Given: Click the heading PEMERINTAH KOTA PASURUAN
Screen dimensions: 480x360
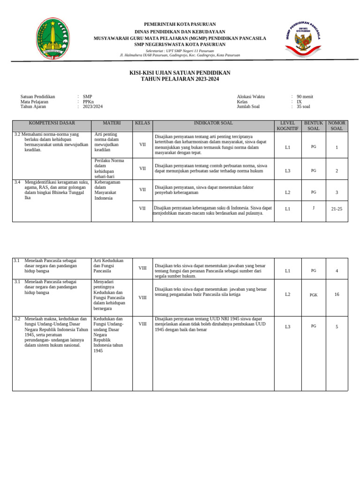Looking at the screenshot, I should point(180,24).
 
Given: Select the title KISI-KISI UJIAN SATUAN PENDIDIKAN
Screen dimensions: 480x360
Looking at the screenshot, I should point(180,73).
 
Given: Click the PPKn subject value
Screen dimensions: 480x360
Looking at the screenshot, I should point(88,102).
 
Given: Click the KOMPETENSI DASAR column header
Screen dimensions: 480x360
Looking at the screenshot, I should point(52,123).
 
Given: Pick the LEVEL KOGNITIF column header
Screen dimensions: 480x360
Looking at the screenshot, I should point(287,126).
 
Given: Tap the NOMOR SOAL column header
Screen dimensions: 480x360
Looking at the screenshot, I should point(337,126).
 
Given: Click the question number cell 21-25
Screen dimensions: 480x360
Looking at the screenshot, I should point(337,209).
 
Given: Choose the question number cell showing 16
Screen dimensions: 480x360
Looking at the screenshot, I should point(337,294).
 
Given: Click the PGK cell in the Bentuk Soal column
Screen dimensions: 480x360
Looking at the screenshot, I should point(313,295).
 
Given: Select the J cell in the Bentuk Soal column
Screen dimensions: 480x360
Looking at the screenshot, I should point(313,208).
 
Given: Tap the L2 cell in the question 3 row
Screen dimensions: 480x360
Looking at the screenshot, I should point(287,192).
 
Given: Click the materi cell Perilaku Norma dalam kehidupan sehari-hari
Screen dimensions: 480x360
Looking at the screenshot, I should point(109,169).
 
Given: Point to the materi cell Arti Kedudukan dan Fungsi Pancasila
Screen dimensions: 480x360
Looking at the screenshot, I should point(109,266).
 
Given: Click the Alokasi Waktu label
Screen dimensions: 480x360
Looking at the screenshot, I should point(251,97).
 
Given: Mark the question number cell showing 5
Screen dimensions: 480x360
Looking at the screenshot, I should point(337,327).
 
